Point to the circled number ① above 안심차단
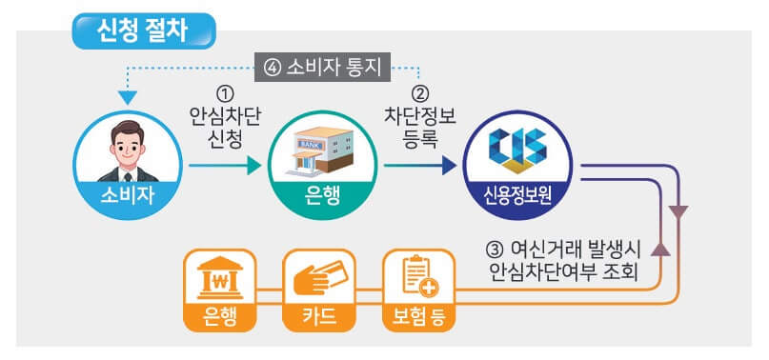coord(225,95)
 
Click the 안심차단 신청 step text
coord(225,127)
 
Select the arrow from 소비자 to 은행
coord(225,166)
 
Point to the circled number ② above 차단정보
coord(419,95)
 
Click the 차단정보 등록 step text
coord(419,127)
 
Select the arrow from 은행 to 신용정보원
coord(419,166)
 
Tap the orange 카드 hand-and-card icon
coord(319,277)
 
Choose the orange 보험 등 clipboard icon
coord(418,277)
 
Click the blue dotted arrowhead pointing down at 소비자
coord(127,96)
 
